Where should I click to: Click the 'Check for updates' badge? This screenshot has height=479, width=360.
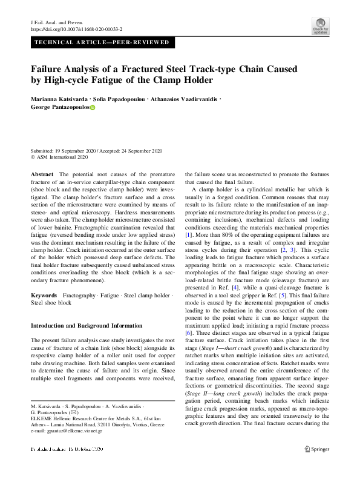tap(320, 25)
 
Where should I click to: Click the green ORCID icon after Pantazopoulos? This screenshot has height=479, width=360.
tap(93, 108)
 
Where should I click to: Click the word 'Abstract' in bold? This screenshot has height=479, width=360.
tap(42, 174)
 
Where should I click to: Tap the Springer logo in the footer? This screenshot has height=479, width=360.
tap(317, 466)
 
